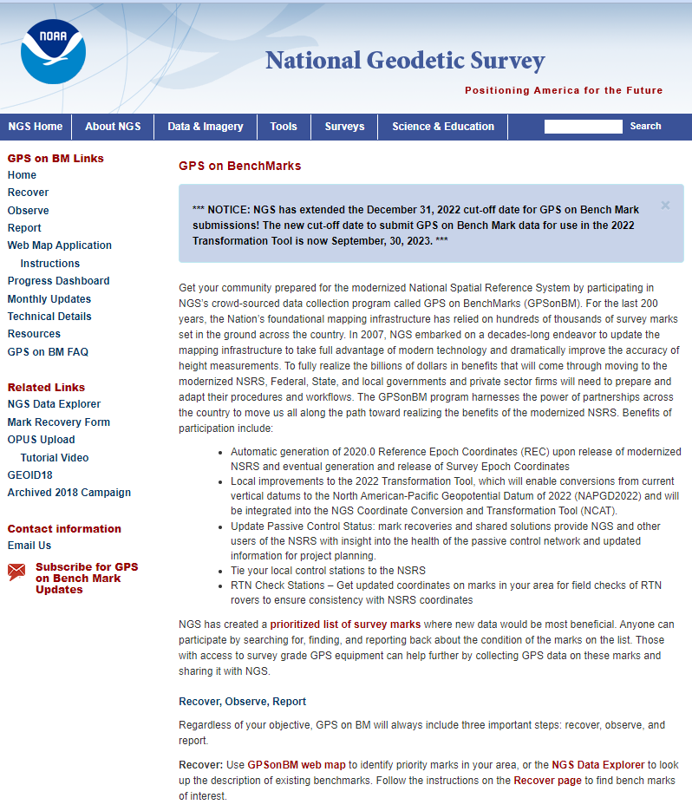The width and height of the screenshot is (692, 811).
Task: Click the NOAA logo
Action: pyautogui.click(x=53, y=52)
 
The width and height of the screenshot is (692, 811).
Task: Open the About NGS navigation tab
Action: pyautogui.click(x=113, y=127)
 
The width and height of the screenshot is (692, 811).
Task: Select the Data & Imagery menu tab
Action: pyautogui.click(x=206, y=127)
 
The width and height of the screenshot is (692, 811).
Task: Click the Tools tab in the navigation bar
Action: pyautogui.click(x=284, y=127)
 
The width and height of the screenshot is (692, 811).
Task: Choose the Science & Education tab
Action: pyautogui.click(x=443, y=127)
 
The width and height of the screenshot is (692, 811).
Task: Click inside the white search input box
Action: pyautogui.click(x=583, y=127)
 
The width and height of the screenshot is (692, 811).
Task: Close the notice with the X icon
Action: pyautogui.click(x=665, y=206)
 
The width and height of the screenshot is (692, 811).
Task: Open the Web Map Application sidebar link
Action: pyautogui.click(x=60, y=245)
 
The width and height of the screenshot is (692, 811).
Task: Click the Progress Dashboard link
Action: pyautogui.click(x=59, y=281)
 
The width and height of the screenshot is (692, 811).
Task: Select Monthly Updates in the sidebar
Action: pyautogui.click(x=49, y=299)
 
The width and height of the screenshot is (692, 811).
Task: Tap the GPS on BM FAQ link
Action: pyautogui.click(x=49, y=352)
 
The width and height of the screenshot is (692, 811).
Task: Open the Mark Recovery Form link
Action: pyautogui.click(x=59, y=422)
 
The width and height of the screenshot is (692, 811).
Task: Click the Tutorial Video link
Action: pyautogui.click(x=55, y=458)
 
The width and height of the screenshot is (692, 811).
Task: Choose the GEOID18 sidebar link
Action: pyautogui.click(x=30, y=475)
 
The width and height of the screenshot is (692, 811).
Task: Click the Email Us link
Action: pyautogui.click(x=29, y=546)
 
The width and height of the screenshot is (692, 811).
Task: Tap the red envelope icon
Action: pyautogui.click(x=16, y=572)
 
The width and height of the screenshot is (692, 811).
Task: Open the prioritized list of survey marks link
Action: pyautogui.click(x=345, y=625)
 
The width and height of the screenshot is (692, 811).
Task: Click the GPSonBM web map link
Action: pyautogui.click(x=297, y=765)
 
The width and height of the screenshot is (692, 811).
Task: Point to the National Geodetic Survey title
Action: pyautogui.click(x=405, y=61)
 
